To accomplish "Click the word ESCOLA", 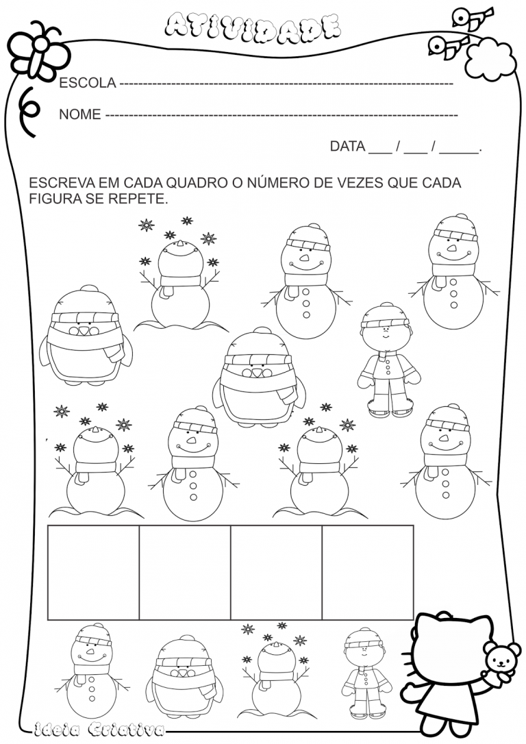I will (88, 83).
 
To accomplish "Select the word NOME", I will (80, 114).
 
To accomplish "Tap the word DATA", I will (347, 146).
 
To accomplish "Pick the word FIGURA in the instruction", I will (52, 199).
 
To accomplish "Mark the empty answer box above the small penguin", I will (185, 572).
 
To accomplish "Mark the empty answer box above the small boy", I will (368, 572).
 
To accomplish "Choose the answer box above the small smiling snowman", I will (93, 572).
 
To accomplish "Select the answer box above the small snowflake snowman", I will (276, 572).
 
